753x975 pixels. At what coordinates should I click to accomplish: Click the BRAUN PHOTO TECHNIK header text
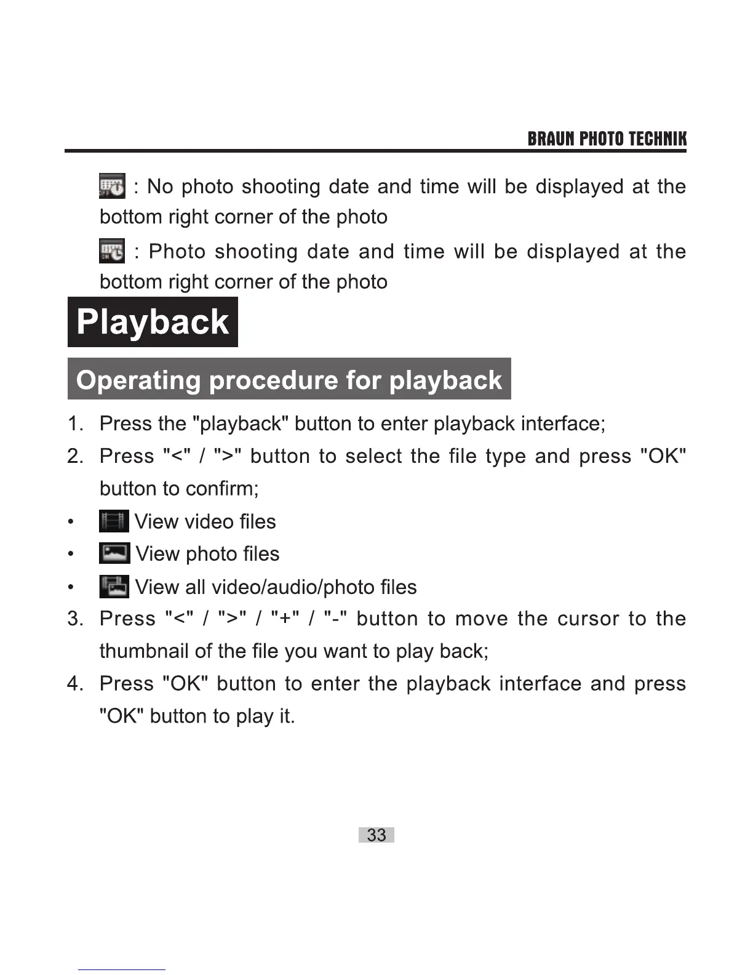[x=607, y=139]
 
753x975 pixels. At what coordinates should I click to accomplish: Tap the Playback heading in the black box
[x=153, y=322]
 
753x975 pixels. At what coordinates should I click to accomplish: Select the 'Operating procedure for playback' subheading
[x=289, y=380]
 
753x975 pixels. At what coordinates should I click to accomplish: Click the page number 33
[x=376, y=835]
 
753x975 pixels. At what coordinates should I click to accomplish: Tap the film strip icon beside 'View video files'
[x=114, y=521]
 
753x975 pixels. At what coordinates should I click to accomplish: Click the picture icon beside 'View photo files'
[x=114, y=553]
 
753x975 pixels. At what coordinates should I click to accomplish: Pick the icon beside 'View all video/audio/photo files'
[x=114, y=587]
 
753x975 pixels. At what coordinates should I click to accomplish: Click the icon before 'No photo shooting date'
[x=112, y=186]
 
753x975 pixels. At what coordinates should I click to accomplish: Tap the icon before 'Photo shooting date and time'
[x=112, y=251]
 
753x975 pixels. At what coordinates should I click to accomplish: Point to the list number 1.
[x=75, y=423]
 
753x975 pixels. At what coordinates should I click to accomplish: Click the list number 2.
[x=75, y=456]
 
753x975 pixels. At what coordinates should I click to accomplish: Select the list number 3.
[x=75, y=619]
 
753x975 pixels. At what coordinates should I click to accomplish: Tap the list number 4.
[x=75, y=684]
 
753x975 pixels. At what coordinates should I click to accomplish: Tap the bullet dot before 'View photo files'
[x=71, y=554]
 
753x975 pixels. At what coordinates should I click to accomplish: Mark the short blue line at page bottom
[x=121, y=969]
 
